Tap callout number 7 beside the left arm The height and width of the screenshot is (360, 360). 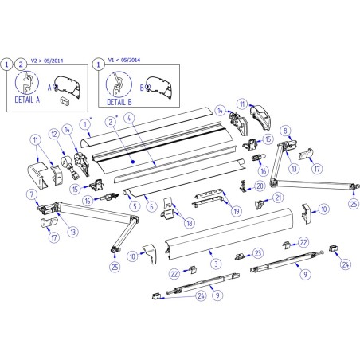[x=32, y=194]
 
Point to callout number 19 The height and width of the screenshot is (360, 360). [x=236, y=211]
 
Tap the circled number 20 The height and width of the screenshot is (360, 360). [x=260, y=186]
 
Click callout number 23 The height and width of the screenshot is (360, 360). [x=257, y=252]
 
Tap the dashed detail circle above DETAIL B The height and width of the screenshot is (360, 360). [x=119, y=83]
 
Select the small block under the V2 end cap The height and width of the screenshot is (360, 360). [x=65, y=102]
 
